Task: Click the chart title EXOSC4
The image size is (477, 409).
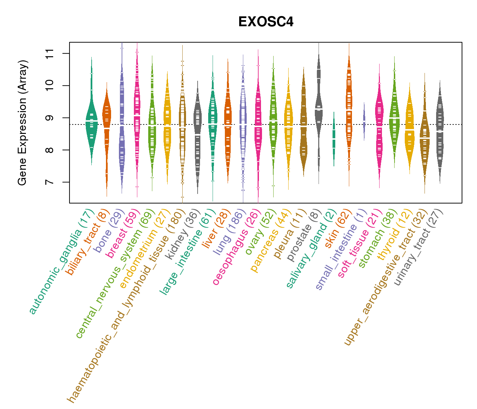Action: [266, 22]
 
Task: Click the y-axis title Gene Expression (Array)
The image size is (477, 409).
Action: [22, 123]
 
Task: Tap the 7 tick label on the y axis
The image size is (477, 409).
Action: [51, 182]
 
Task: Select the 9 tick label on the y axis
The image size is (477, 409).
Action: [51, 118]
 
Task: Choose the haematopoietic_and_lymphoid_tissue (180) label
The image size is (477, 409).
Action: [126, 307]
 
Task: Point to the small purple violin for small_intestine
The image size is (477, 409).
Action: [364, 121]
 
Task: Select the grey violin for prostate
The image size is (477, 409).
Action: [319, 106]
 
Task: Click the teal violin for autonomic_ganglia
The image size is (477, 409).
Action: [91, 123]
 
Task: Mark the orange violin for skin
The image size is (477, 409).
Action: [349, 109]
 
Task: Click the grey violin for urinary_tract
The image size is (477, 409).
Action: [440, 130]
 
